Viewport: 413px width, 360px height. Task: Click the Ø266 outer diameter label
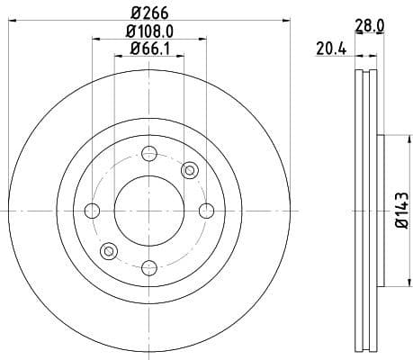148,13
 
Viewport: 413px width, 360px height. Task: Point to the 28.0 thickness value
369,28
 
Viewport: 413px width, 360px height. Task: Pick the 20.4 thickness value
331,49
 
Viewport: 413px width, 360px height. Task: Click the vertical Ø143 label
401,211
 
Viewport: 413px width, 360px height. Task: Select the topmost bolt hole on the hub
148,154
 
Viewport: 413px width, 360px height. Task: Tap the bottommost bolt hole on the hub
148,267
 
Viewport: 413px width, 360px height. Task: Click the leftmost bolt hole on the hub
92,211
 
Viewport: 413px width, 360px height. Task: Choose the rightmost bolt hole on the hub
205,211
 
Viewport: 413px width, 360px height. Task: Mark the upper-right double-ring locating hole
189,170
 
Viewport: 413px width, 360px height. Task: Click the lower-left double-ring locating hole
109,251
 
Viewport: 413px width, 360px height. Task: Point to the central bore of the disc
148,211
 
